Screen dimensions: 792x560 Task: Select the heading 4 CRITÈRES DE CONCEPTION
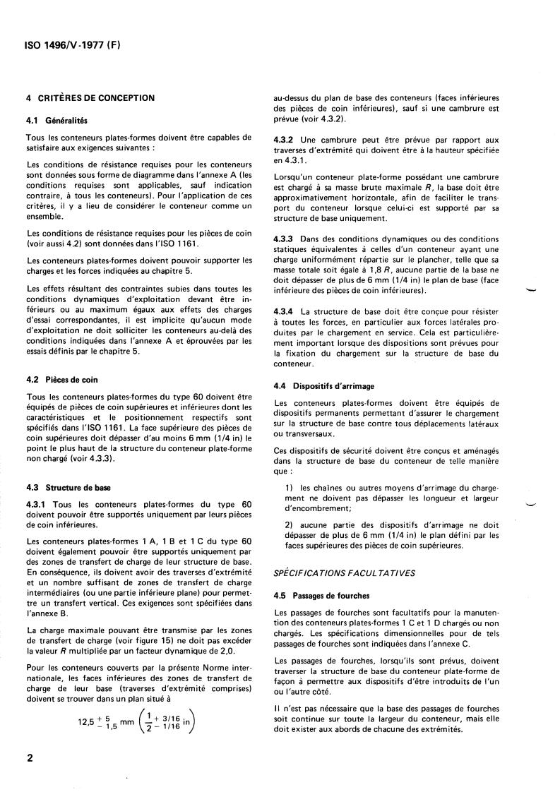tap(90, 98)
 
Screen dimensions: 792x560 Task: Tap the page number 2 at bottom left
tap(30, 759)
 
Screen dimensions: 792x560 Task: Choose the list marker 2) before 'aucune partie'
tap(289, 524)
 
